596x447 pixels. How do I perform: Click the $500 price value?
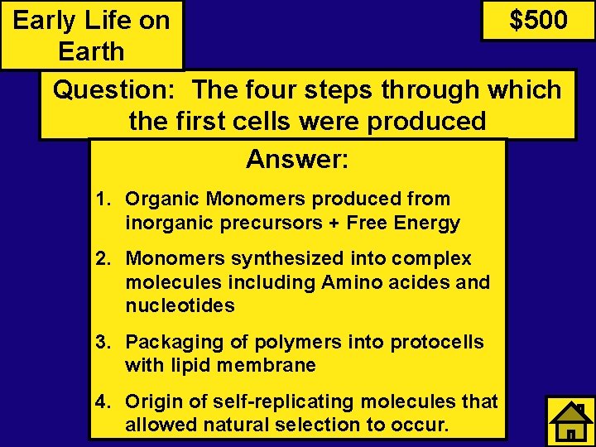(538, 20)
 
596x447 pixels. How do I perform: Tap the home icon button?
(570, 421)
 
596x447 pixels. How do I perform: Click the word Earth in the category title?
(91, 51)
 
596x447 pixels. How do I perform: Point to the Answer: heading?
(297, 158)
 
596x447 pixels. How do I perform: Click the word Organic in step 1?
(162, 199)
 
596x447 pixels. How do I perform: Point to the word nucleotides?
(180, 305)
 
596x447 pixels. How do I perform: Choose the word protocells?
(436, 342)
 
